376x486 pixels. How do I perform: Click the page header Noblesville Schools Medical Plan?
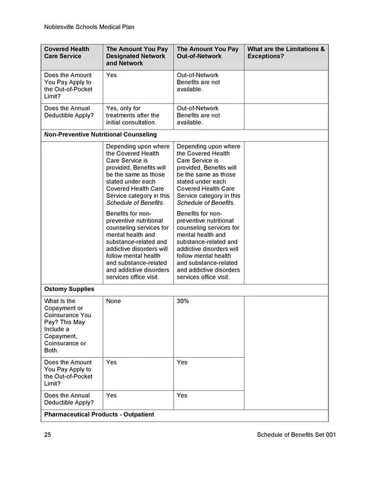click(x=90, y=27)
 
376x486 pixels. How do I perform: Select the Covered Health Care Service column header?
click(x=66, y=53)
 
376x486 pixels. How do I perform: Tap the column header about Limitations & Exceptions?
click(x=286, y=53)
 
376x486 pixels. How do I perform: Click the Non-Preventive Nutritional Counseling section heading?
click(x=100, y=135)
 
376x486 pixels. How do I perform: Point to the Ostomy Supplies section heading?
click(x=69, y=289)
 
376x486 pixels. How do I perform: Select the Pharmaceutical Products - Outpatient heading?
click(x=99, y=415)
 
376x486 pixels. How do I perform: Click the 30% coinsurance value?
click(x=183, y=301)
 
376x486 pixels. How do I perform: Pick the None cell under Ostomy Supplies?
click(x=113, y=301)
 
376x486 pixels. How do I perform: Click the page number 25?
click(x=48, y=435)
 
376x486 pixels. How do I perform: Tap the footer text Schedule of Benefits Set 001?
click(x=296, y=435)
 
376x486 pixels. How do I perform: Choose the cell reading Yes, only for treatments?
click(x=132, y=115)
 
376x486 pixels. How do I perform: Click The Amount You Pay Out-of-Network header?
click(x=207, y=53)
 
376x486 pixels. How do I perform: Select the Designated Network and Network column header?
click(x=137, y=56)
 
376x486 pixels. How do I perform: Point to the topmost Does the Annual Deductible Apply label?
click(x=67, y=111)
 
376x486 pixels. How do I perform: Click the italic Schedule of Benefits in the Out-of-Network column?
click(x=206, y=203)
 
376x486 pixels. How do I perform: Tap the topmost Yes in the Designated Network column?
click(x=112, y=75)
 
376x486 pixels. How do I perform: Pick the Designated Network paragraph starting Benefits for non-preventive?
click(x=137, y=246)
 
